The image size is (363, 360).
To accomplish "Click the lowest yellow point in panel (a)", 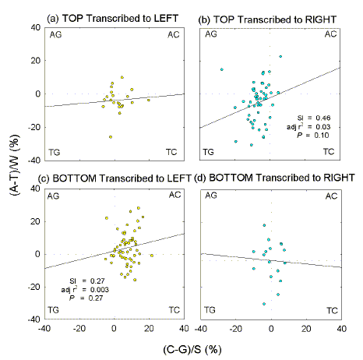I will (111, 136).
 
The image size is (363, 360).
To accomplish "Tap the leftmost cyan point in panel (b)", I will (221, 69).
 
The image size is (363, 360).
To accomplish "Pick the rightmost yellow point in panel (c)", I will (152, 255).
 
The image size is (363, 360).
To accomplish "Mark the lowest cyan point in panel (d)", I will (264, 303).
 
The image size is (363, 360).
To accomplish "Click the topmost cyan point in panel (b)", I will (280, 56).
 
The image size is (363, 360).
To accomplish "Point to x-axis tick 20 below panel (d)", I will (306, 329).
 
